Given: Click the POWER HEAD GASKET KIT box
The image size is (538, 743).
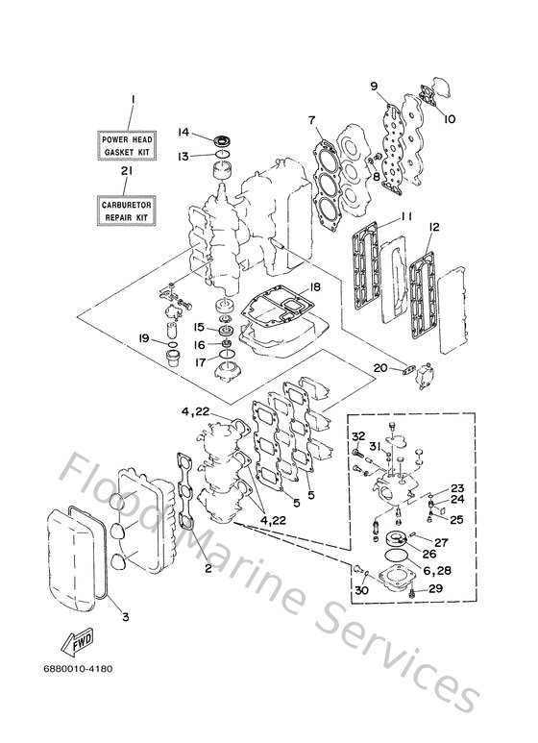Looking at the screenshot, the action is coord(128,145).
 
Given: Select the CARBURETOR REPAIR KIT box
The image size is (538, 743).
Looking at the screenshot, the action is coord(127,211).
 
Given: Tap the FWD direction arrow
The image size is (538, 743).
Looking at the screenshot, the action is coord(77,642).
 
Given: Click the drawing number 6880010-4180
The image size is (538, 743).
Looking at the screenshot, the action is coord(78,669).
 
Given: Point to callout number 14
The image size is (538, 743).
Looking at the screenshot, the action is coord(183,133).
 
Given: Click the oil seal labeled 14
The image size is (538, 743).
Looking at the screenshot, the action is coord(222,140).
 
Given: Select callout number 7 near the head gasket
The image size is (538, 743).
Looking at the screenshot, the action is coord(311,120).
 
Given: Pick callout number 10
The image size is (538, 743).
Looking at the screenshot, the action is coord(449,118).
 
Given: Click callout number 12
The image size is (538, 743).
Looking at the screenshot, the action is coord(434,227).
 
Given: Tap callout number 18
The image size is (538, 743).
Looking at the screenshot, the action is coord(314,286).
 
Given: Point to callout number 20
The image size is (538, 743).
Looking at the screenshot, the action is coord(380,368).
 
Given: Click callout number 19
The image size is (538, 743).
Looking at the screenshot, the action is coord(144,338).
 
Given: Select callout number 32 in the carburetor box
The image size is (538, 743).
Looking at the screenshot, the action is coord(358,436).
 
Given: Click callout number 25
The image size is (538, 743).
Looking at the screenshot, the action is coord(456,520).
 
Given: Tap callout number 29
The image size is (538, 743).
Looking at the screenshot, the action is coord(436,588).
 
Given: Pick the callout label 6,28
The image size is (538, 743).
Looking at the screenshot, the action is coord(437,571).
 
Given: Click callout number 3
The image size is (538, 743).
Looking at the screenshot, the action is coord(126,617).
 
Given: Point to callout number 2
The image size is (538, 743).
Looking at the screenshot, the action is coord(208,569).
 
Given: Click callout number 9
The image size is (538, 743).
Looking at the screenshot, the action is coord(374,87).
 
